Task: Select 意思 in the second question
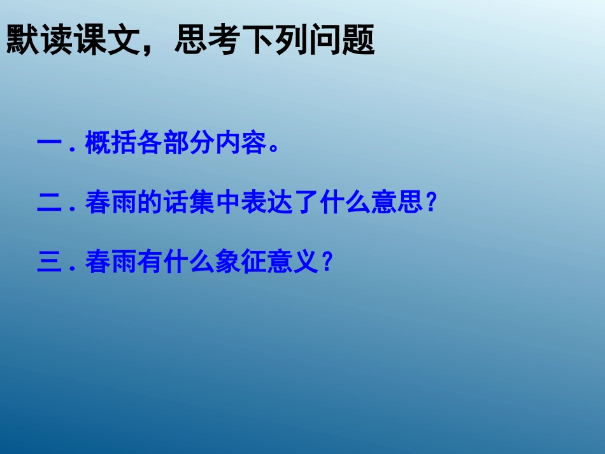coord(399,204)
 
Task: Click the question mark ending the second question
coord(432,204)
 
